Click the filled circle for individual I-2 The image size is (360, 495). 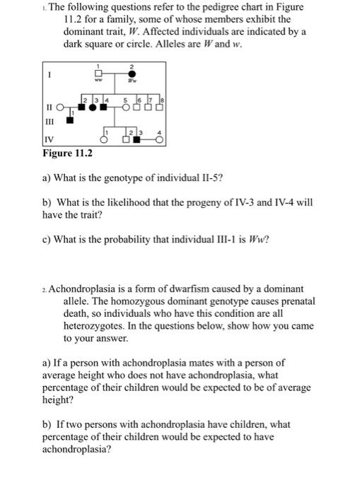pyautogui.click(x=131, y=74)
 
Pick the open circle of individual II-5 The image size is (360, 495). pyautogui.click(x=126, y=108)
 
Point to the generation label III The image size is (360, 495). pyautogui.click(x=50, y=120)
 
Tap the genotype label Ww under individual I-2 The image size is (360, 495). pyautogui.click(x=131, y=83)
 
